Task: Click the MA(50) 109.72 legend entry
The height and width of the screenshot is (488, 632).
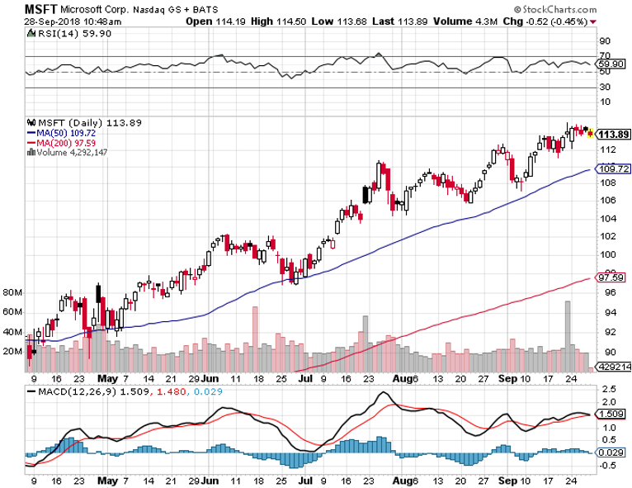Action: point(64,132)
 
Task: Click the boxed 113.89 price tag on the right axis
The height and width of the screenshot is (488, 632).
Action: point(613,135)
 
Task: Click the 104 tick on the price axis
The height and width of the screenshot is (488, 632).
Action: point(606,219)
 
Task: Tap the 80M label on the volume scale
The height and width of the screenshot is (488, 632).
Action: point(13,293)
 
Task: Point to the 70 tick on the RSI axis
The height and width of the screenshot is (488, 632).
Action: point(604,56)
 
